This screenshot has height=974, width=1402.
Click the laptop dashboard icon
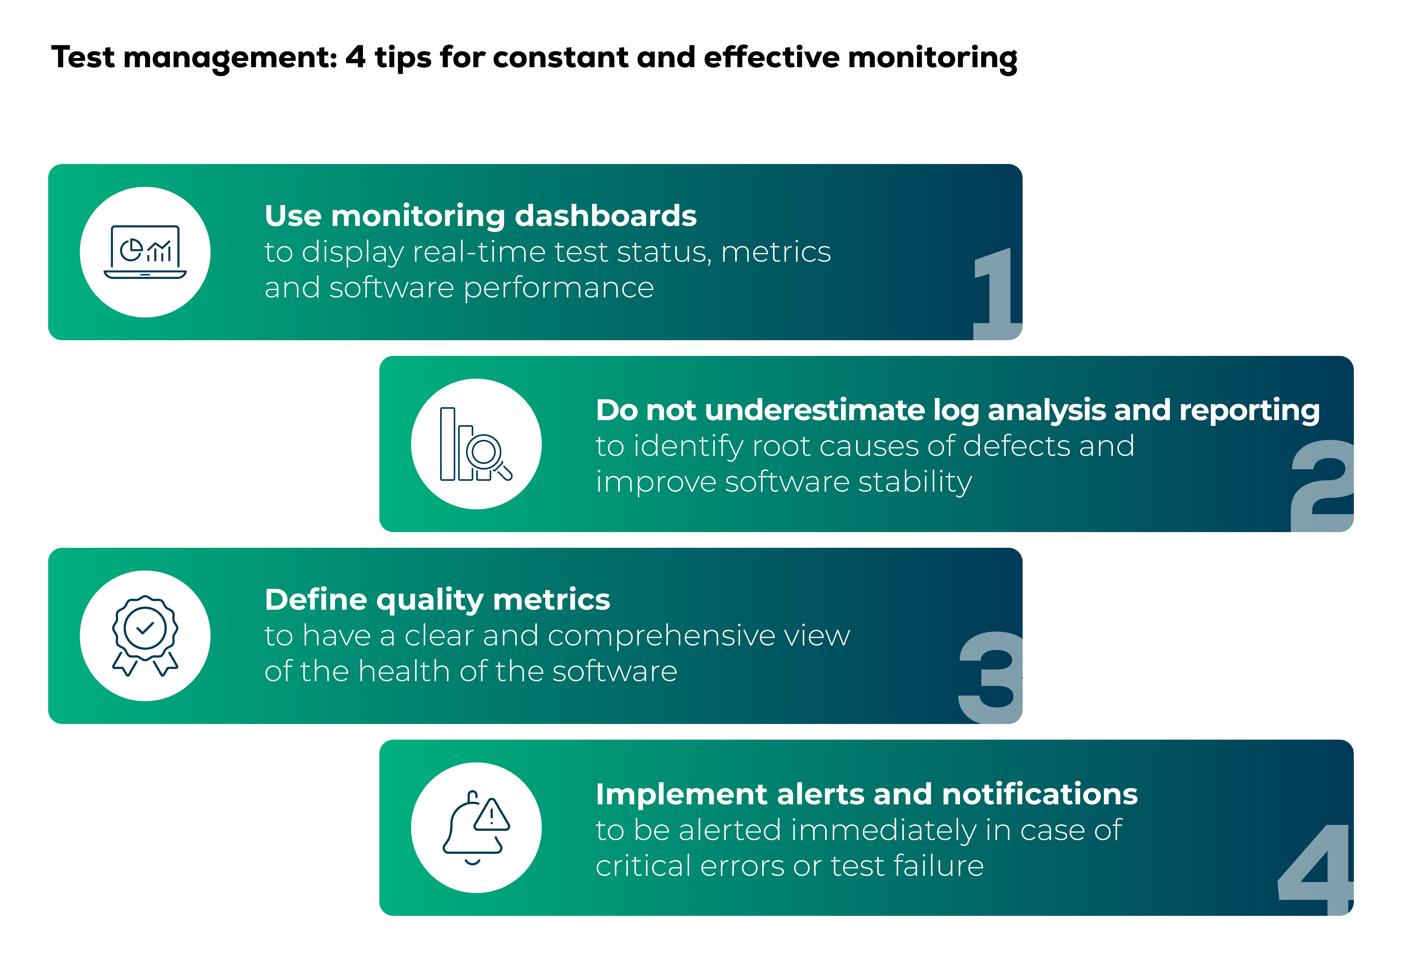145,252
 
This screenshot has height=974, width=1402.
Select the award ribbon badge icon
145,635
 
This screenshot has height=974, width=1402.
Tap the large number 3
990,678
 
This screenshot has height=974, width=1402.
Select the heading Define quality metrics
437,600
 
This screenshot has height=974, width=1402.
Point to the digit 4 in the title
355,57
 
